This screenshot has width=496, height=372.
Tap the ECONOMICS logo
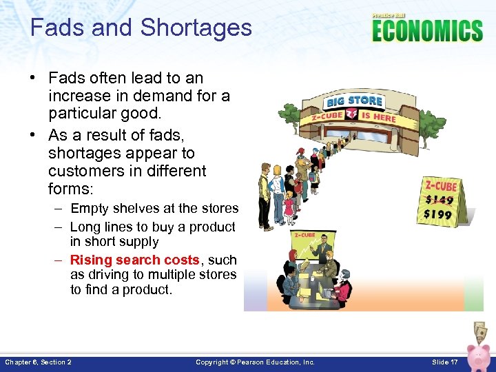(427, 30)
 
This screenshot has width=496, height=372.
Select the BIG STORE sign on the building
(355, 101)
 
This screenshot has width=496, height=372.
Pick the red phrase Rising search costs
(134, 260)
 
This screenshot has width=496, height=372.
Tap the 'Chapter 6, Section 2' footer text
(38, 362)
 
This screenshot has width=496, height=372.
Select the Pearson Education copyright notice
(255, 362)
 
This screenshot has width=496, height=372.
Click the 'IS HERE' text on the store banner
(379, 116)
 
